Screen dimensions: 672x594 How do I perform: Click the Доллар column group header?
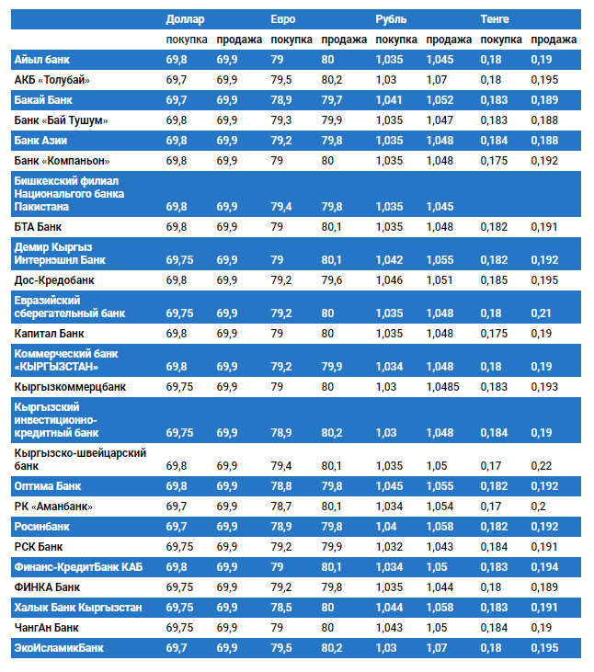[185, 18]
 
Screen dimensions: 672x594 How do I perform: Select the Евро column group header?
[283, 18]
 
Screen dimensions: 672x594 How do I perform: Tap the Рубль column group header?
[391, 18]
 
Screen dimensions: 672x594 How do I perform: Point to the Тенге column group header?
[495, 18]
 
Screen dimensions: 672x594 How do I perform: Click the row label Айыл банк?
[43, 60]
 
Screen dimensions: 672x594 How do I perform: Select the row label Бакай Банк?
[44, 99]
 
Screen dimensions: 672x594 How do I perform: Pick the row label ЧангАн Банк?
[47, 628]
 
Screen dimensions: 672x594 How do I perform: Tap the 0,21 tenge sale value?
[541, 313]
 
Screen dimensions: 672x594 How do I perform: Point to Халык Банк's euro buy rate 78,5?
[281, 608]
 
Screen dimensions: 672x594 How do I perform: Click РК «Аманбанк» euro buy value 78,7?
[281, 506]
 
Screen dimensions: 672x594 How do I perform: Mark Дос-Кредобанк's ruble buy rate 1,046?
[390, 279]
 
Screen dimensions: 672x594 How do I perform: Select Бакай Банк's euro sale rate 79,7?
[332, 99]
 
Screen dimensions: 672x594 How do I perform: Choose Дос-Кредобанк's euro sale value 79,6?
[332, 279]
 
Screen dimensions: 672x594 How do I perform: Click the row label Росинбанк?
[42, 527]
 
